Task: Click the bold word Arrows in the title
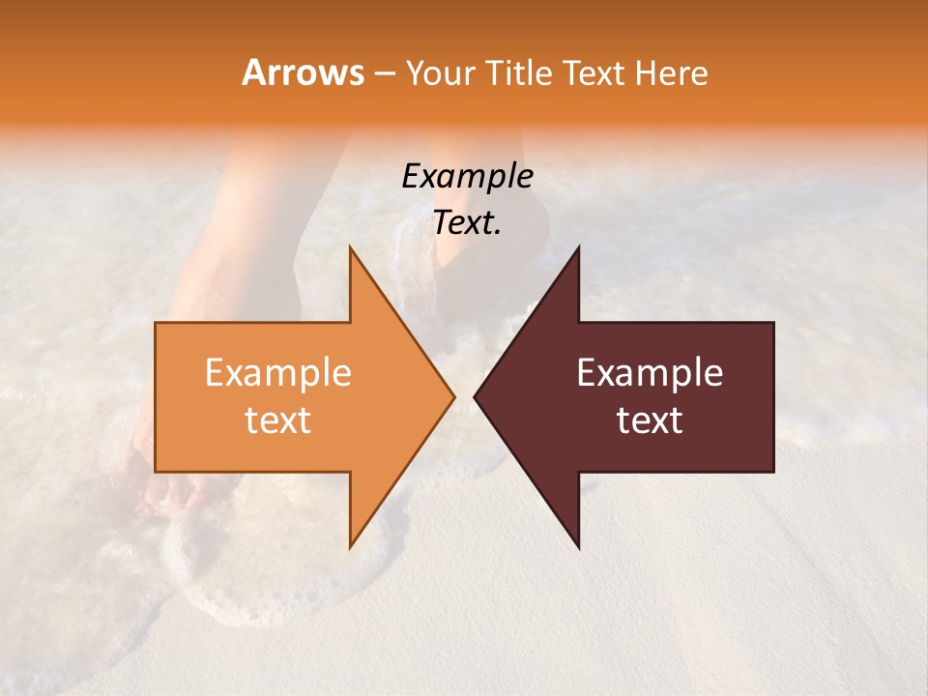(304, 72)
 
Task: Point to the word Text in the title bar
(593, 73)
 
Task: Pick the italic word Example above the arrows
(467, 176)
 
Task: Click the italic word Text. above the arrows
(467, 222)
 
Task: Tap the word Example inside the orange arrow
(277, 372)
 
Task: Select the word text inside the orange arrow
(277, 420)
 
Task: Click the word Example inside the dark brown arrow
(650, 372)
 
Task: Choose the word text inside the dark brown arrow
(650, 420)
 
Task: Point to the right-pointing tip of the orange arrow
(453, 396)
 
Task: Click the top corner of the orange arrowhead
(351, 248)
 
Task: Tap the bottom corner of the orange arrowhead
(351, 546)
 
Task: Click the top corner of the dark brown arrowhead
(578, 248)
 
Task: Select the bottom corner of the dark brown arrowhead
(578, 546)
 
